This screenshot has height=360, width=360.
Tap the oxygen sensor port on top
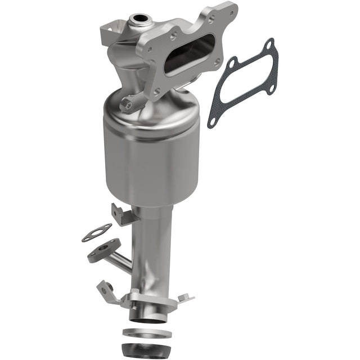tap(138, 21)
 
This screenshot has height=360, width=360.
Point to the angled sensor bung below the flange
tap(130, 103)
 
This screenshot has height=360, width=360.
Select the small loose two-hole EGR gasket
tap(96, 232)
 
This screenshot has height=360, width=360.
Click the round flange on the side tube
tap(103, 252)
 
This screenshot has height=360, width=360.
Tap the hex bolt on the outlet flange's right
tap(186, 296)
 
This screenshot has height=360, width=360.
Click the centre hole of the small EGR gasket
tap(97, 232)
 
